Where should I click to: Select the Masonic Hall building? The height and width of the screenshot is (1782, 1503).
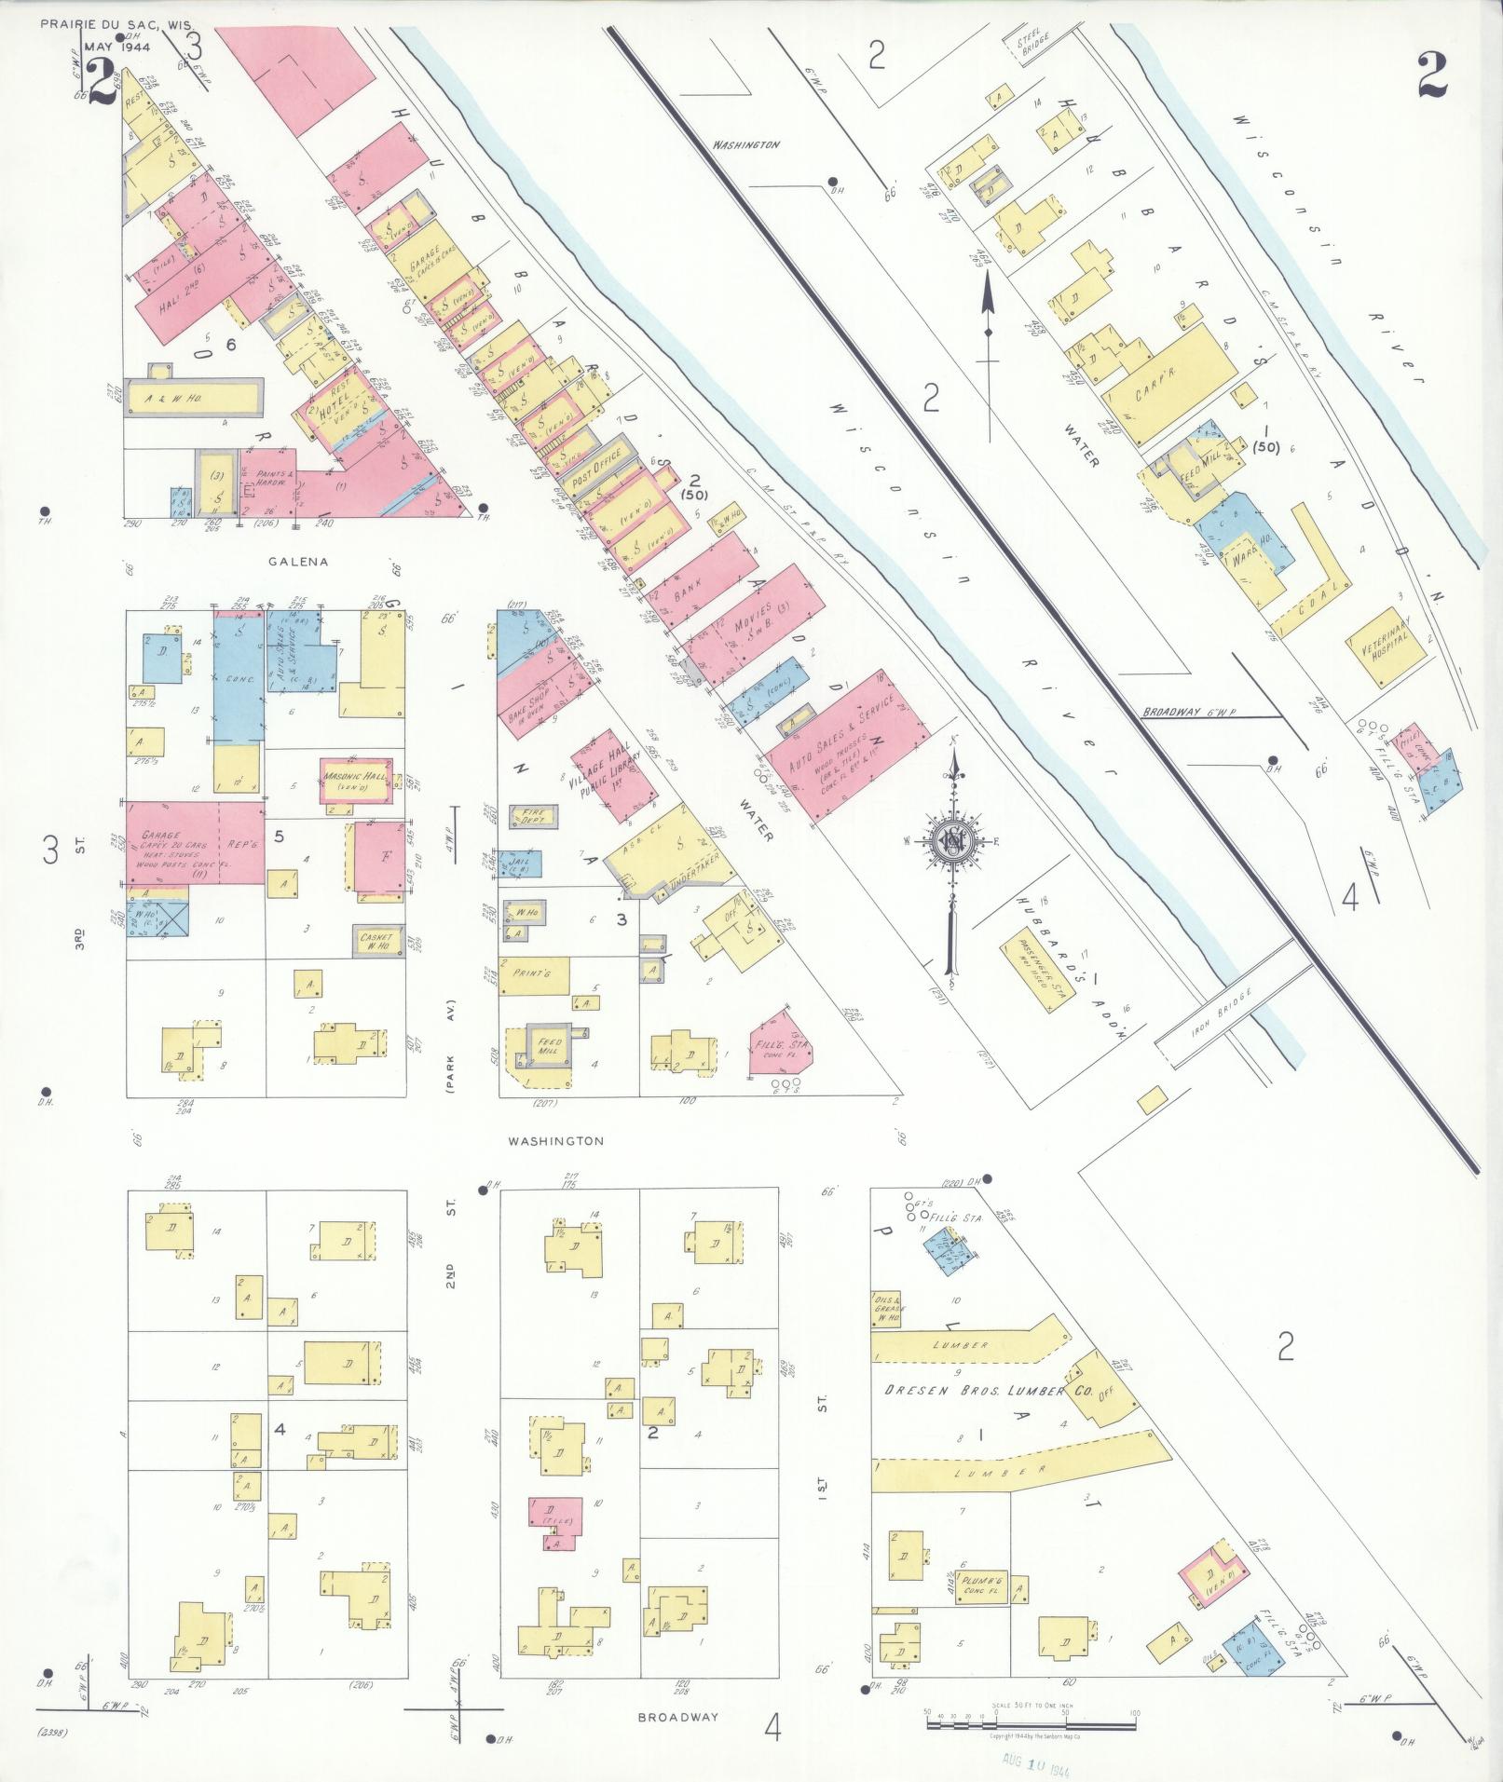354,781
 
